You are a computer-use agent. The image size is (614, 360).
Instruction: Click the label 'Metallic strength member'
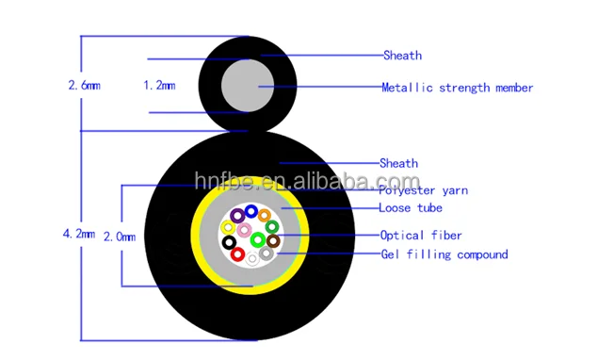pos(457,88)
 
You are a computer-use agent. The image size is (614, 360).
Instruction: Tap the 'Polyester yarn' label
pos(423,190)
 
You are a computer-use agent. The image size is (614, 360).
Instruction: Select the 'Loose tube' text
pos(410,207)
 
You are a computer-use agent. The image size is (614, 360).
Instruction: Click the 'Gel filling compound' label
pos(444,254)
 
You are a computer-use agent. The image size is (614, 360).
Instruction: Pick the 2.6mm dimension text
pos(84,85)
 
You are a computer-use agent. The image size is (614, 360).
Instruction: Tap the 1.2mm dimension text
pos(159,85)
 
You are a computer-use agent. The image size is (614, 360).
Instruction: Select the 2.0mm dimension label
pos(120,235)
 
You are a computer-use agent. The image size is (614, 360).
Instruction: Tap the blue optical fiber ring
pos(250,211)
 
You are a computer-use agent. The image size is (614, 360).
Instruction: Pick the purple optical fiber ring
pos(236,217)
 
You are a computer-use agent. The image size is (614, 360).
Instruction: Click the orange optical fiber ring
pos(265,216)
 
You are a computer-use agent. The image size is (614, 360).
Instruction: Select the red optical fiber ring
pos(237,254)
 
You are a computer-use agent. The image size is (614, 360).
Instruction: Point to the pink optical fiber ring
pos(244,230)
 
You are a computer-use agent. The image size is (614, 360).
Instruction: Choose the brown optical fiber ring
pos(272,240)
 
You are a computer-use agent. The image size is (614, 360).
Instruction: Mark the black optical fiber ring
pos(229,243)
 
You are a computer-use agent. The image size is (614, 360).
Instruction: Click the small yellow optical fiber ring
pos(229,227)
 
